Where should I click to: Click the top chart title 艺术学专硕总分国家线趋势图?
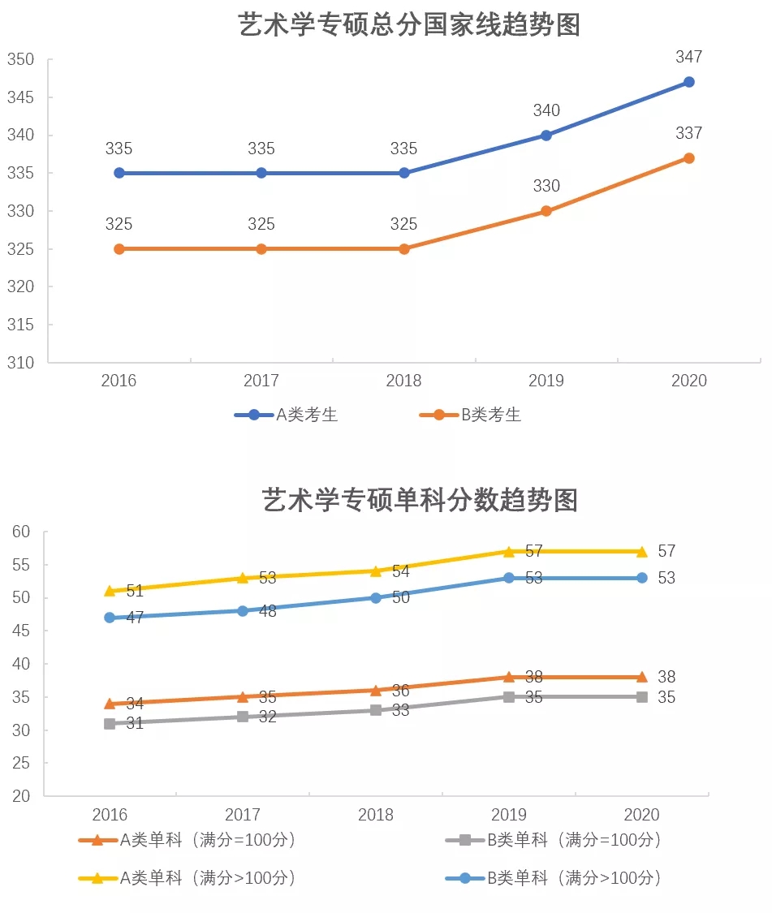(410, 24)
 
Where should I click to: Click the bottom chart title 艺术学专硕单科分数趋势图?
(420, 499)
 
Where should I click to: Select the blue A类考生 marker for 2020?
(689, 82)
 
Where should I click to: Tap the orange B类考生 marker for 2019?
(546, 211)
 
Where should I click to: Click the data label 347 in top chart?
(689, 58)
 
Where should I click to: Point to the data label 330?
(546, 187)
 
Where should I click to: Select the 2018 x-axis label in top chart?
(403, 381)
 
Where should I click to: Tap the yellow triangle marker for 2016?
(110, 591)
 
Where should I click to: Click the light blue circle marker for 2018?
(376, 598)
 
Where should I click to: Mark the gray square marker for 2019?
(509, 696)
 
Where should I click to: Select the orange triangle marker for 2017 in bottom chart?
(243, 696)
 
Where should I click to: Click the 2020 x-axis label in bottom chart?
(642, 815)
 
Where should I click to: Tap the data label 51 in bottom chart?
(135, 592)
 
